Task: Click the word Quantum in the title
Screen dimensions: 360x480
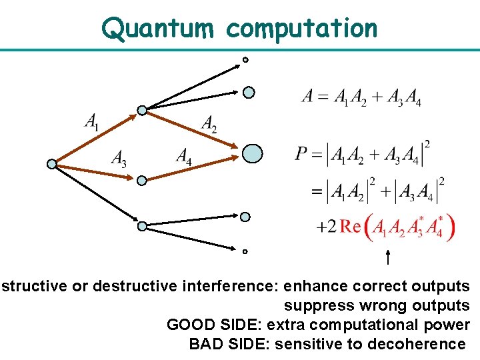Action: (x=159, y=28)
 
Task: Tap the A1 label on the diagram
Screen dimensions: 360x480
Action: (x=93, y=122)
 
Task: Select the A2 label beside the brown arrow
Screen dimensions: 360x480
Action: (x=209, y=123)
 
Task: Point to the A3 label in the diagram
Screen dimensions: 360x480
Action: (x=119, y=158)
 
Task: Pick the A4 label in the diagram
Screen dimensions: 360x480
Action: (x=184, y=156)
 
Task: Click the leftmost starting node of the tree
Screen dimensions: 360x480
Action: (x=52, y=163)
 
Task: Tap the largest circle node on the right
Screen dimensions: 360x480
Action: (x=251, y=154)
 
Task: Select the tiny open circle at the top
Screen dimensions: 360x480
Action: (x=245, y=60)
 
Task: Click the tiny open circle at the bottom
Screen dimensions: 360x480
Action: (x=245, y=252)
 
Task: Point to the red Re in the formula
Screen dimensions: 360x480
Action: (x=351, y=227)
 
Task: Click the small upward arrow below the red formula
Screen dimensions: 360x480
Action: (x=388, y=257)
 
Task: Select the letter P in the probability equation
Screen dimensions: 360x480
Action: (x=301, y=155)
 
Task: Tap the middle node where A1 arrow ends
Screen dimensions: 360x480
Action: (x=141, y=110)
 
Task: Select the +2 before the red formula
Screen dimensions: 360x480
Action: (x=326, y=228)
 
